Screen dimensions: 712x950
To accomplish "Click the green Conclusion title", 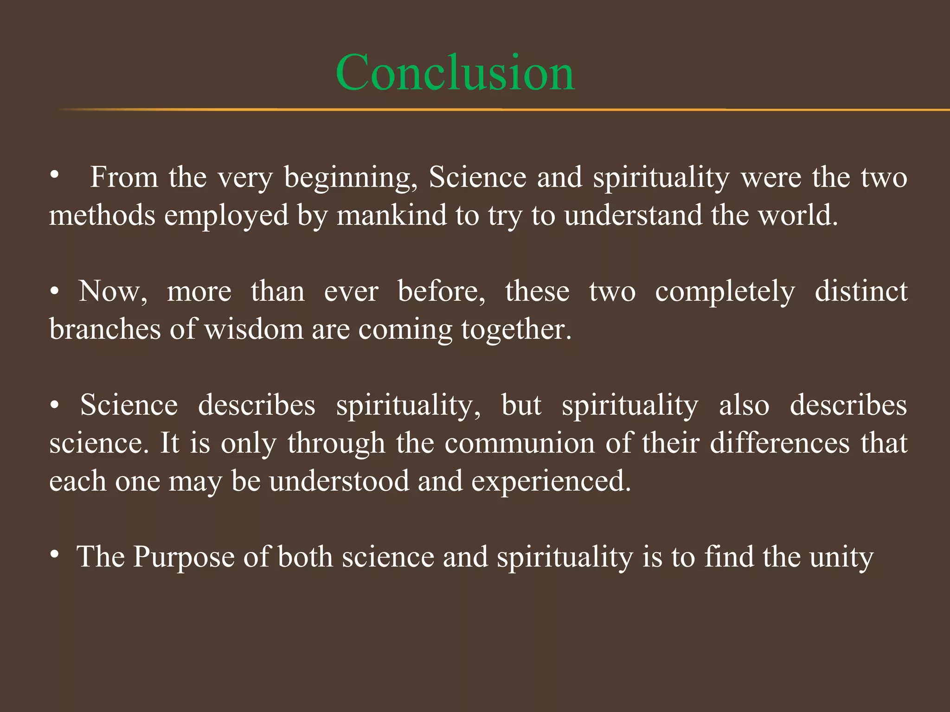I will pyautogui.click(x=455, y=73).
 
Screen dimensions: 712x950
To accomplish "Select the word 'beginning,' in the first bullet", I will pyautogui.click(x=351, y=178).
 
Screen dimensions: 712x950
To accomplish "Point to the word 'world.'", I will pyautogui.click(x=798, y=216).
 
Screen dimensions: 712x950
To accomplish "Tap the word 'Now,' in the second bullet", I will pyautogui.click(x=113, y=292).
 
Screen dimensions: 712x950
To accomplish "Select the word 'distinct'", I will pyautogui.click(x=861, y=292).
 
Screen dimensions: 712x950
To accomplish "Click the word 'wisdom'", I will pyautogui.click(x=254, y=330).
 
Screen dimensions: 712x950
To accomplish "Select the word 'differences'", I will pyautogui.click(x=780, y=444).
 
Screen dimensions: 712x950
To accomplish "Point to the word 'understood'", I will pyautogui.click(x=339, y=482).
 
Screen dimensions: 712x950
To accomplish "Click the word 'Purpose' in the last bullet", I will pyautogui.click(x=184, y=557).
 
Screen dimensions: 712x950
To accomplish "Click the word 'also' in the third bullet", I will pyautogui.click(x=744, y=406).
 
